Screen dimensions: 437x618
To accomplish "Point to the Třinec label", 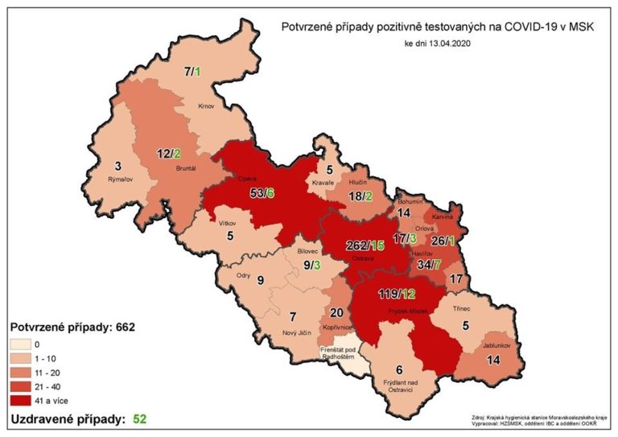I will click(470, 308).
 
